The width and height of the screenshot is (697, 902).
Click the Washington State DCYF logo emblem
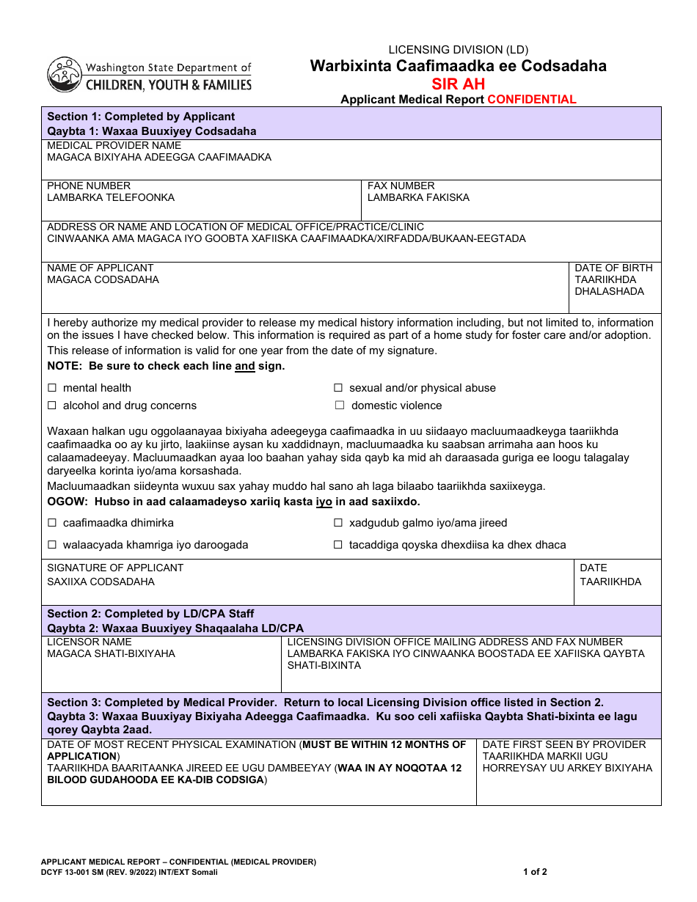(x=65, y=74)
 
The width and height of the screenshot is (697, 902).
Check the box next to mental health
(x=52, y=388)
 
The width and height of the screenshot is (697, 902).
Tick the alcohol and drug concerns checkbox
(x=52, y=406)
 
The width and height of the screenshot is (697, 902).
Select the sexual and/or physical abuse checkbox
(x=338, y=388)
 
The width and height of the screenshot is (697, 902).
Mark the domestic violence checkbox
(x=340, y=406)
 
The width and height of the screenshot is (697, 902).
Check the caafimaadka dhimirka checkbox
(x=52, y=523)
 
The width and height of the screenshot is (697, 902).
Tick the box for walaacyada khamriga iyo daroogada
(x=52, y=545)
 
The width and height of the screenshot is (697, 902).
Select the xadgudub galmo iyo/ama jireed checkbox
(x=338, y=523)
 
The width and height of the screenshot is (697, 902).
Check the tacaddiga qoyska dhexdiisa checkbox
(x=338, y=545)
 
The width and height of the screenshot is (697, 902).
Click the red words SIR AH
(x=458, y=84)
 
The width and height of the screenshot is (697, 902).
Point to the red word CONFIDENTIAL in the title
(x=532, y=100)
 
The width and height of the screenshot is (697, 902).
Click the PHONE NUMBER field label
(x=89, y=186)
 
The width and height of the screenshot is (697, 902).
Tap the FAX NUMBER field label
(x=401, y=186)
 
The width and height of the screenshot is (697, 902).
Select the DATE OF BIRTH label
(x=613, y=268)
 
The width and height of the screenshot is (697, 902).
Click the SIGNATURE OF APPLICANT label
(x=115, y=568)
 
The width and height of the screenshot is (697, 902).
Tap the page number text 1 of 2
(x=535, y=872)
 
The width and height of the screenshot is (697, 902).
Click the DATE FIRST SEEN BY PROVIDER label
(x=564, y=744)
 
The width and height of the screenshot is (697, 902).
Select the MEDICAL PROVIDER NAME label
(x=114, y=145)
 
